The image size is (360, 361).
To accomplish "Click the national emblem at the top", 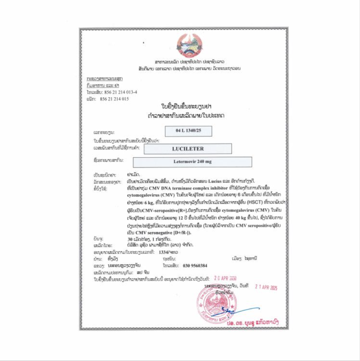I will tap(190, 45).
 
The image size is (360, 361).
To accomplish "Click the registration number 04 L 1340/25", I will tap(188, 131).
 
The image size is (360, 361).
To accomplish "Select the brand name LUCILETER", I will tap(188, 149).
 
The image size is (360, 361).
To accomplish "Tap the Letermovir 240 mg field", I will tap(192, 162).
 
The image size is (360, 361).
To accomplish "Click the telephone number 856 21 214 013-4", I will tap(119, 92).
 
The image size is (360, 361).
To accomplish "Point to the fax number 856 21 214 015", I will tap(114, 99).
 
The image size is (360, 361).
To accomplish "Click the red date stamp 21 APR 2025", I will tap(266, 287).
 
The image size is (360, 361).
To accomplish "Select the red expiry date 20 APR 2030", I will tap(225, 278).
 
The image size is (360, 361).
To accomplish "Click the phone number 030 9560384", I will tap(195, 265).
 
